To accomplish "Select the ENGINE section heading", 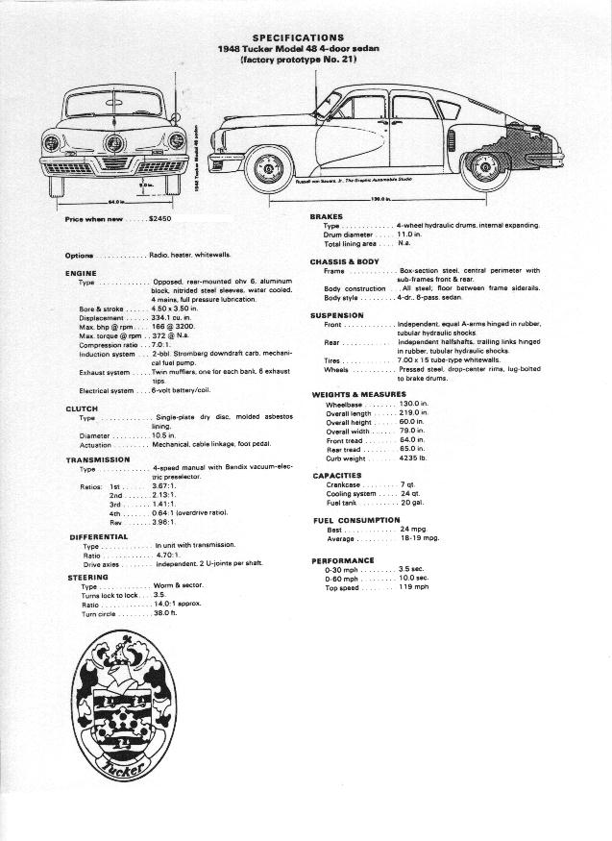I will pos(81,273).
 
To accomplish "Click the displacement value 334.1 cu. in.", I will pos(174,316).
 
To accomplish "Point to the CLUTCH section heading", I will pos(82,408).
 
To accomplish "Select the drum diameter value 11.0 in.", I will pos(409,235).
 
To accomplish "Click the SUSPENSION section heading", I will pos(336,315).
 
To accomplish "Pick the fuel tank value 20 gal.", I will pos(412,503).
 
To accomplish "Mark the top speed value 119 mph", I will pos(414,587).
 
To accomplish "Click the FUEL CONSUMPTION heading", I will pos(356,520).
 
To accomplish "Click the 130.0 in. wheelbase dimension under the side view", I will pos(379,199).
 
